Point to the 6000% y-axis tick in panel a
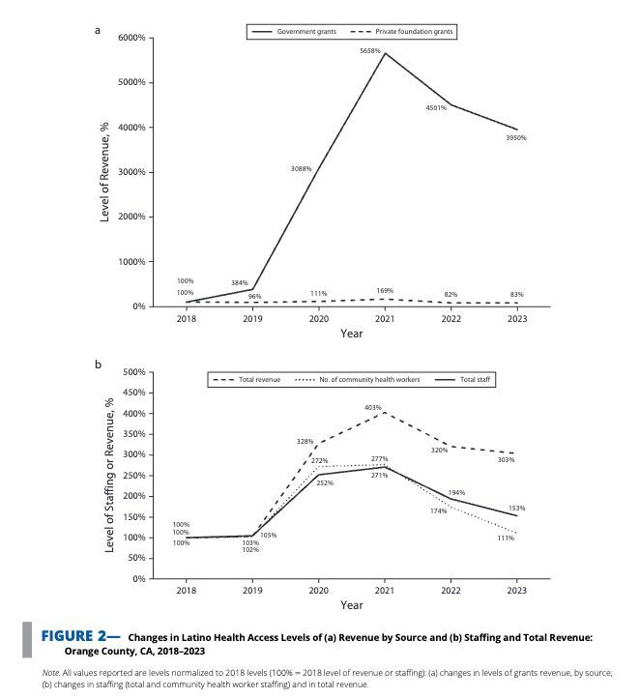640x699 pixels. (x=131, y=38)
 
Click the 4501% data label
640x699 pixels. (x=436, y=107)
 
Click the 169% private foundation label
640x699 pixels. (x=385, y=290)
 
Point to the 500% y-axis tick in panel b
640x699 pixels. (x=133, y=372)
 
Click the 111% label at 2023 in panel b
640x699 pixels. (x=506, y=538)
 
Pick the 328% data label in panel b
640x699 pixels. (x=305, y=441)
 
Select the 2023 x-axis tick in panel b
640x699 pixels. (x=517, y=590)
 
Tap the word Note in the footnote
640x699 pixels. (x=48, y=671)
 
